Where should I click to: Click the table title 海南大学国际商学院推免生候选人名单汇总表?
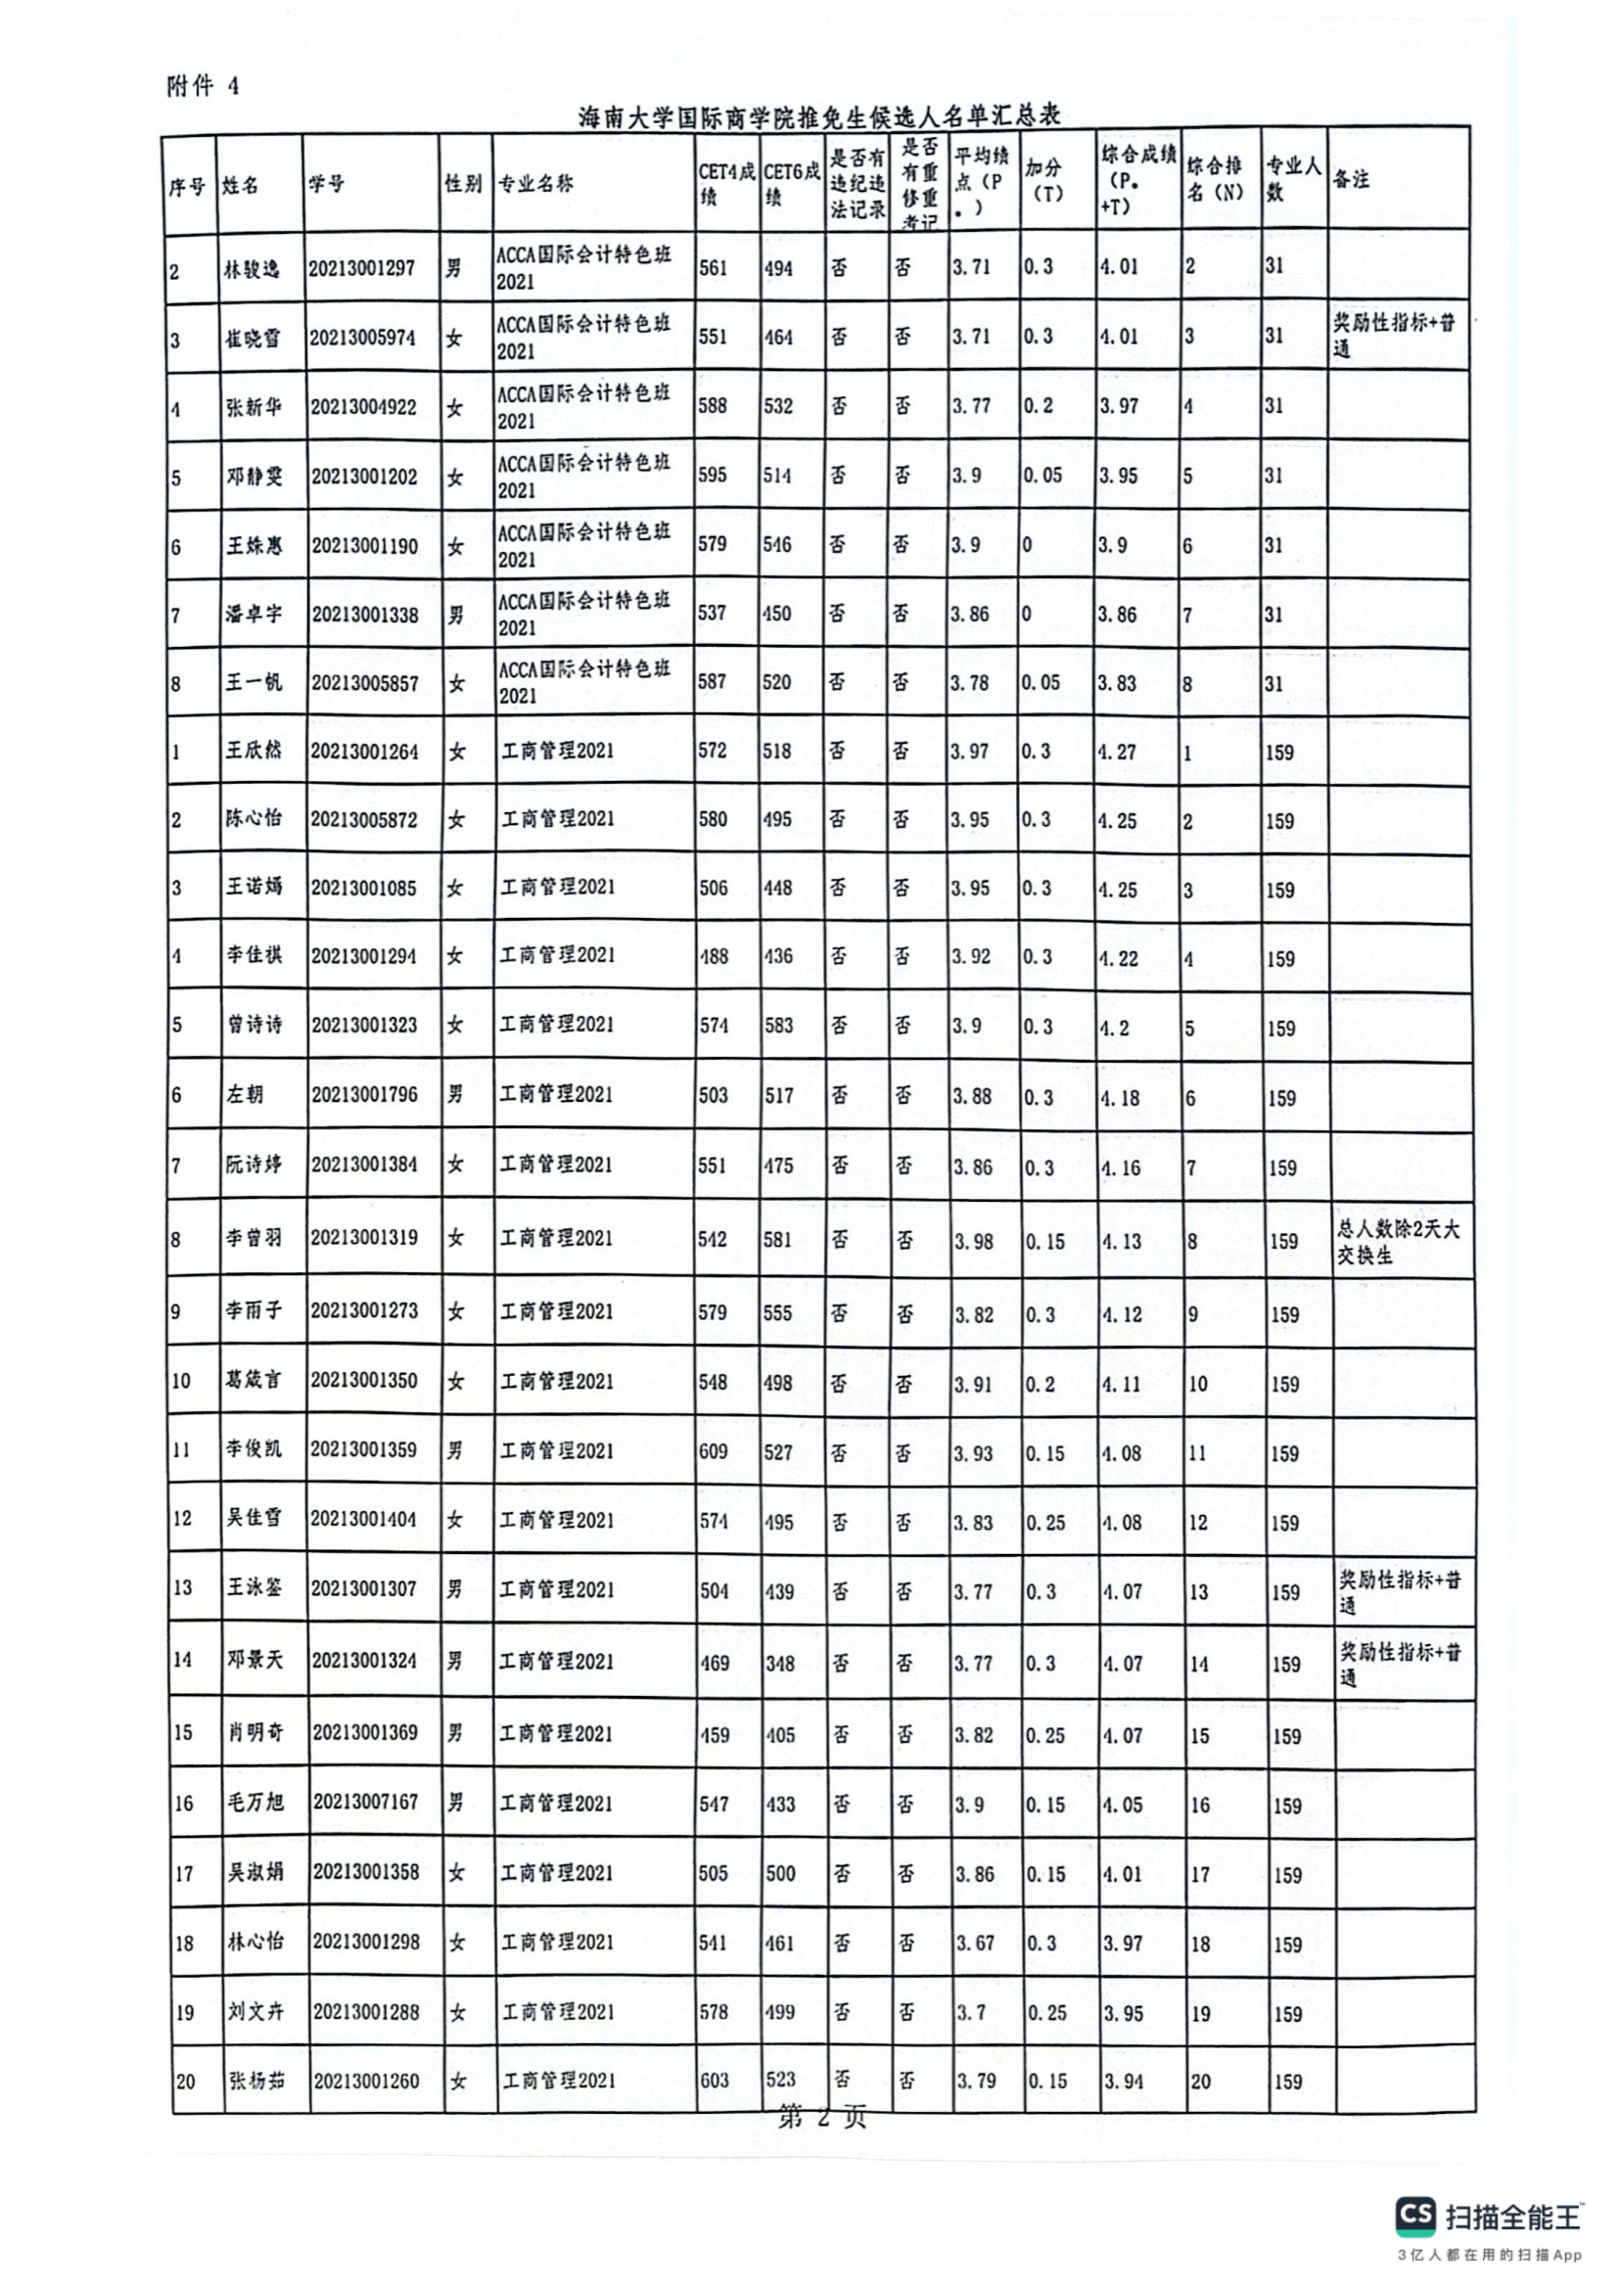[818, 116]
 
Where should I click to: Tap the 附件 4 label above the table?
[203, 87]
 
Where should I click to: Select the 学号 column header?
[327, 183]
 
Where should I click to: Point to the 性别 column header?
[463, 183]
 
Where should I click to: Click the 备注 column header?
[1351, 179]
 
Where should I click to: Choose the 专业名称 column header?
[536, 183]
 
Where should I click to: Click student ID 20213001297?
[362, 268]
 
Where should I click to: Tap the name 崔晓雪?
[253, 339]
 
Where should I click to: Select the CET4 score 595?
[713, 475]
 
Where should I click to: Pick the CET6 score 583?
[778, 1025]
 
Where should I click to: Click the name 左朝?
[246, 1095]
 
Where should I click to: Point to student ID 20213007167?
[366, 1802]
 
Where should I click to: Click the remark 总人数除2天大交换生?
[1398, 1242]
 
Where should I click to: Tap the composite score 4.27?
[1121, 752]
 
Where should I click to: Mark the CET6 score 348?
[780, 1663]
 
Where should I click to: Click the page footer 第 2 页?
[821, 2117]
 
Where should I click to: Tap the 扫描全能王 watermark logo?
[1490, 2215]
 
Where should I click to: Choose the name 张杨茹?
[257, 2081]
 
